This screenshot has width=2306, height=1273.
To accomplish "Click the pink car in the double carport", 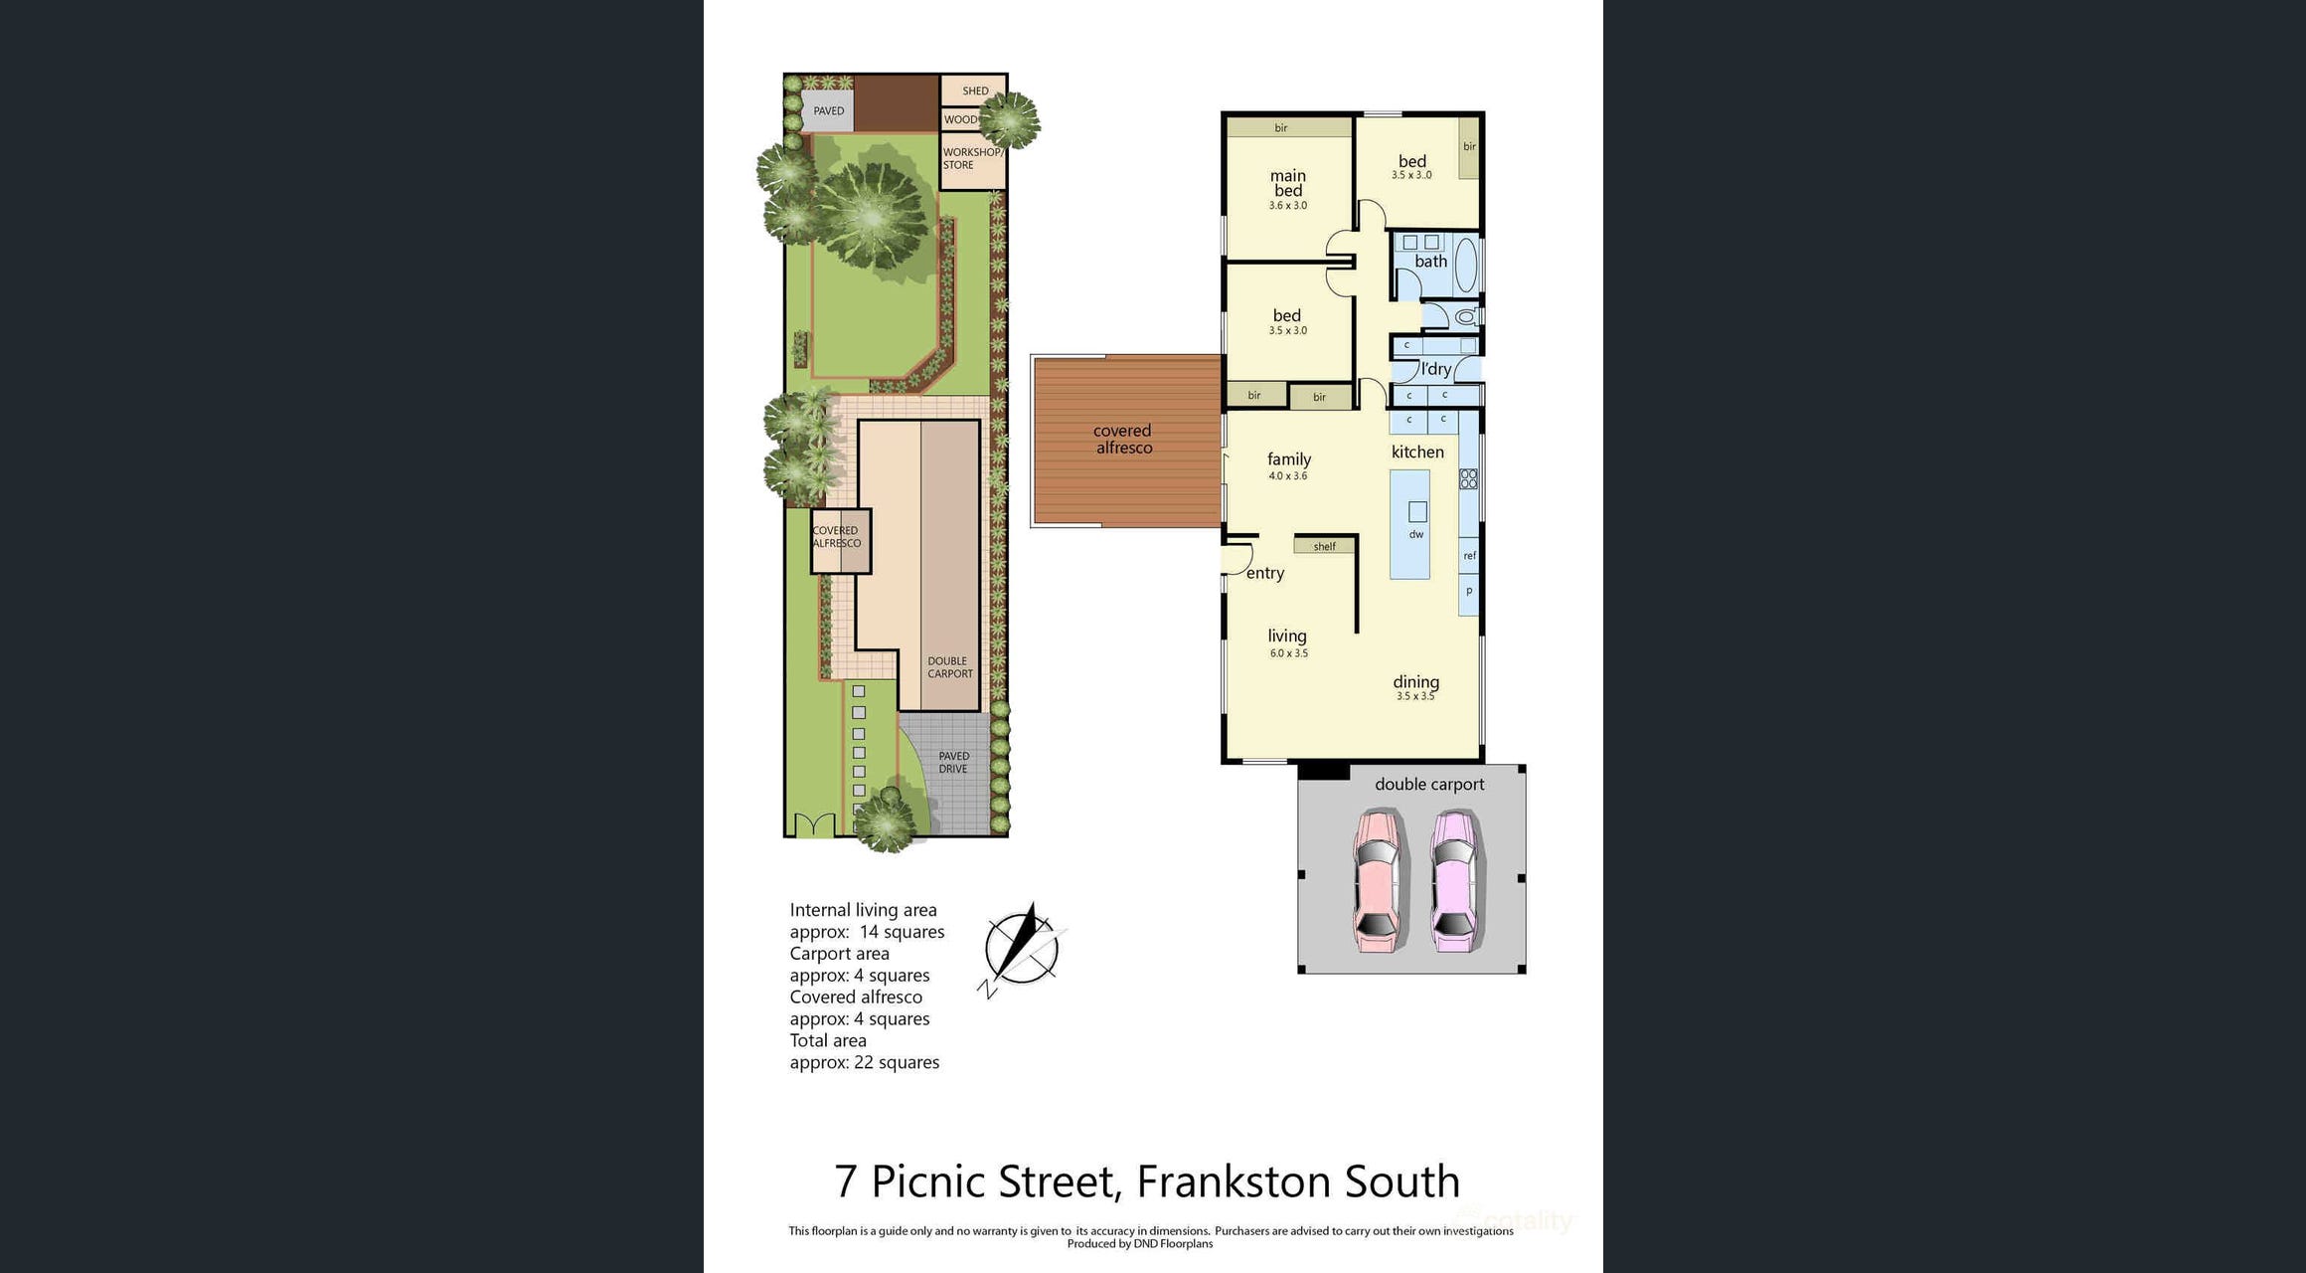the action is [1378, 881].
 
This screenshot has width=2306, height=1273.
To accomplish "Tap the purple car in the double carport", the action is [1454, 881].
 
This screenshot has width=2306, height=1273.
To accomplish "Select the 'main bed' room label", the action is [1288, 183].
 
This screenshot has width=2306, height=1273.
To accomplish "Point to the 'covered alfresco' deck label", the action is [1123, 440].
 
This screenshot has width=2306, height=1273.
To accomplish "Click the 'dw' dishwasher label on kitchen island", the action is [1416, 534].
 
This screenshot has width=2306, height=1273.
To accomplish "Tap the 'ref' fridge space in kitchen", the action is [1469, 555].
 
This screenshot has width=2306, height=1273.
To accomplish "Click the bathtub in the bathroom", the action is [1466, 265].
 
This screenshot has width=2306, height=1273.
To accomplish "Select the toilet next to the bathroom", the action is [1465, 317].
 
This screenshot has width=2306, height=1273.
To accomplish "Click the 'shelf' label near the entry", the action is [1325, 546].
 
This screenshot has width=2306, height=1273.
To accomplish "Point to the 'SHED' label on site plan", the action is [975, 91].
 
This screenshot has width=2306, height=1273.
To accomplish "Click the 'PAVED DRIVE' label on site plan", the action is [953, 763].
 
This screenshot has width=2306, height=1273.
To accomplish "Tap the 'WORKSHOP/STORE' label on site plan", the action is [972, 159].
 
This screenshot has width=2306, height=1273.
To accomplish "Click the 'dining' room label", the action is [1415, 682].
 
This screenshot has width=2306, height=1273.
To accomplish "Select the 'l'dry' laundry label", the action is [1436, 369].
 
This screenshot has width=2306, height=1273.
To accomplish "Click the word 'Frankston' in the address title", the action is [1234, 1182].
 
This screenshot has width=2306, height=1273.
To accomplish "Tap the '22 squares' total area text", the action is [897, 1062].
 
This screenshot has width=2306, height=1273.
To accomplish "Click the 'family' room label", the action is [1289, 459].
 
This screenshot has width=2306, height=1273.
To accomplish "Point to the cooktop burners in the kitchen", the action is [1468, 479].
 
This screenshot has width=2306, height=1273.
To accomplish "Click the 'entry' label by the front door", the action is [1265, 573].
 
